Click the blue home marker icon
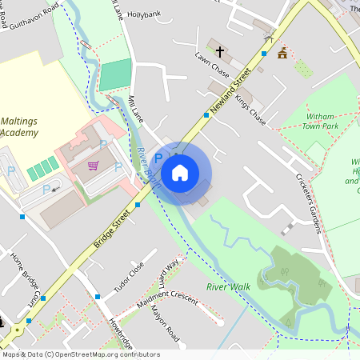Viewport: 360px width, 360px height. (180, 172)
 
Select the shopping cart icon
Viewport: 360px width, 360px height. (94, 166)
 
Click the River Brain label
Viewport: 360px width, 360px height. (149, 167)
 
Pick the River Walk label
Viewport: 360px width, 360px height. (227, 286)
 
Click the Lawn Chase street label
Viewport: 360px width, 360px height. (212, 67)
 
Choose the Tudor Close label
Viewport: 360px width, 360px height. (129, 276)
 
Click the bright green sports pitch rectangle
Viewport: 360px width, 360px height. (114, 74)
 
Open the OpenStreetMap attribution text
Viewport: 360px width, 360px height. (81, 354)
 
